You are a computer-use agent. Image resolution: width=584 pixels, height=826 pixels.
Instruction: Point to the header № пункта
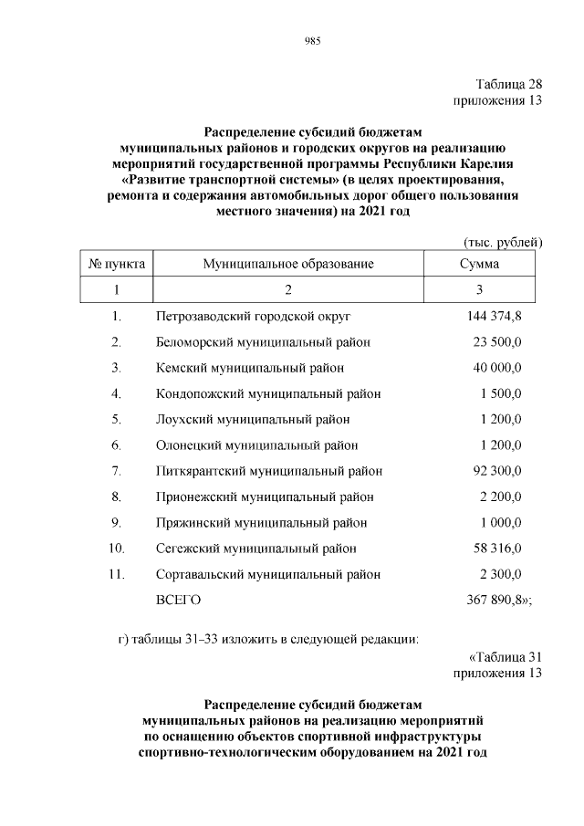(x=117, y=264)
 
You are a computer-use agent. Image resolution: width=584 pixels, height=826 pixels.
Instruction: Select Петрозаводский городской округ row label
(x=254, y=317)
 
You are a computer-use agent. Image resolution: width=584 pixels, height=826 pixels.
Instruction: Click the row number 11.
(x=116, y=574)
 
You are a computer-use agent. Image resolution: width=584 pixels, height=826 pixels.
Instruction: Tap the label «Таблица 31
(x=505, y=657)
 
